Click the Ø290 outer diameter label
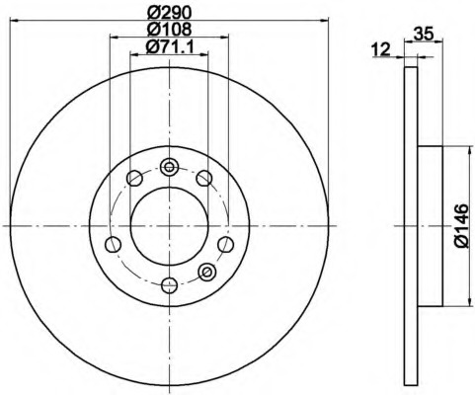[169, 12]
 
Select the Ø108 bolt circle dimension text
[169, 29]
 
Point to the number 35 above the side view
[423, 34]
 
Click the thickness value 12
[381, 49]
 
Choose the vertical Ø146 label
[461, 226]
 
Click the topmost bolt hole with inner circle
[169, 167]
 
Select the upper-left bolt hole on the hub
[134, 179]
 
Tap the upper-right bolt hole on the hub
[204, 179]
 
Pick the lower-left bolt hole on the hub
[114, 245]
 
